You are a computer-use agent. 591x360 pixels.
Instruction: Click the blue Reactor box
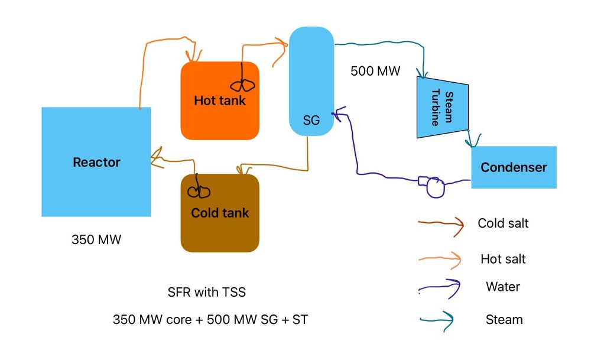point(96,161)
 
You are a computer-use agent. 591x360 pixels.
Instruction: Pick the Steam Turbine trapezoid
point(442,107)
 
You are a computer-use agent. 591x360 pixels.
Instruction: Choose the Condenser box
point(513,167)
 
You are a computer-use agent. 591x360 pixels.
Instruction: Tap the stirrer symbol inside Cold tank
point(199,190)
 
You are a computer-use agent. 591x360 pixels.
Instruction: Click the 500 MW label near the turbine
point(375,72)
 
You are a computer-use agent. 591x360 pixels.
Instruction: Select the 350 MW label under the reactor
point(96,240)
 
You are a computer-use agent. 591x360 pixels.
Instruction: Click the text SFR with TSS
point(206,292)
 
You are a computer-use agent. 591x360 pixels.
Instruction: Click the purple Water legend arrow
point(440,288)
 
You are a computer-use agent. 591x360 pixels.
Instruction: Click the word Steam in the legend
point(504,320)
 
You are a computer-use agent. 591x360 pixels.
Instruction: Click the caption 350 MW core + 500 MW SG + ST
point(210,320)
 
